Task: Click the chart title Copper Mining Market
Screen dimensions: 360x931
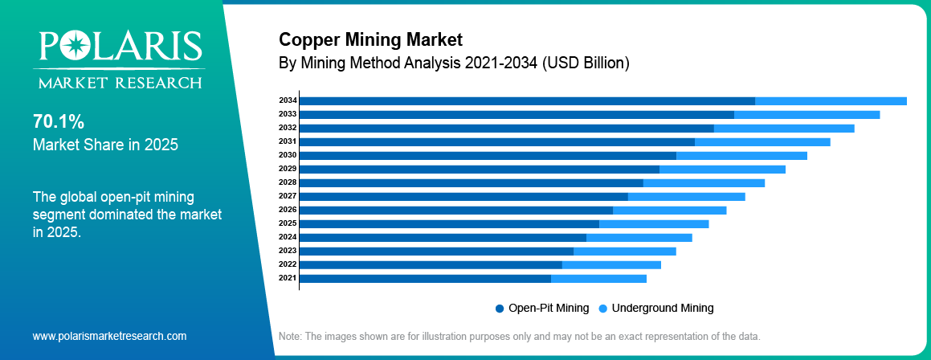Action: pyautogui.click(x=370, y=39)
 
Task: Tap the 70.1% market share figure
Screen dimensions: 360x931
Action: pyautogui.click(x=59, y=122)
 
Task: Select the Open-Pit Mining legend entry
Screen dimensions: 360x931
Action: pyautogui.click(x=542, y=308)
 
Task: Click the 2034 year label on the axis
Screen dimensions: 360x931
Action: pyautogui.click(x=288, y=100)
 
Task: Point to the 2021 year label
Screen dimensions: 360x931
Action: pyautogui.click(x=288, y=278)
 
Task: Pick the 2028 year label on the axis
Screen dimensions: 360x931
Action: pyautogui.click(x=288, y=182)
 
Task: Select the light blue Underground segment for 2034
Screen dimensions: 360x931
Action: pyautogui.click(x=831, y=100)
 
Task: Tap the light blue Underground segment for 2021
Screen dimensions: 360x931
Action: pyautogui.click(x=598, y=278)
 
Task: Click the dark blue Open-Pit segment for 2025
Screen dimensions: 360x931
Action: pyautogui.click(x=449, y=223)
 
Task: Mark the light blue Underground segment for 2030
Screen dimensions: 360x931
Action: pyautogui.click(x=741, y=155)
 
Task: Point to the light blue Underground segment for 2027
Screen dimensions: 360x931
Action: pyautogui.click(x=686, y=196)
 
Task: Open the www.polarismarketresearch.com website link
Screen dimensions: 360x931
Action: pyautogui.click(x=109, y=336)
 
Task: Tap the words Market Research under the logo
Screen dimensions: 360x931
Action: pyautogui.click(x=117, y=82)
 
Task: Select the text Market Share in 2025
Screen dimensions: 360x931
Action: pyautogui.click(x=105, y=145)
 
